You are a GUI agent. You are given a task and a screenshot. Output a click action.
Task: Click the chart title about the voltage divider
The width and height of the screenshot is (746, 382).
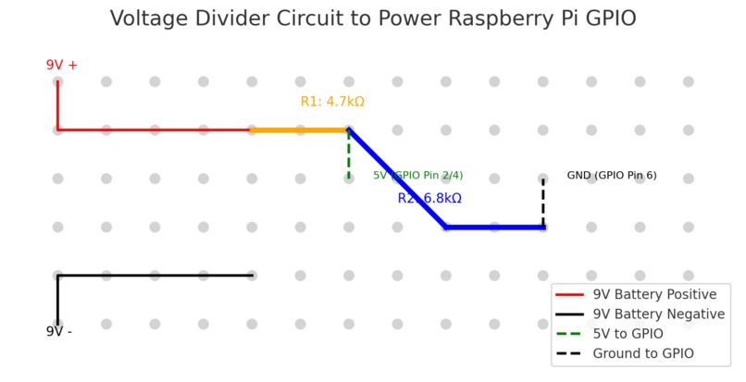pos(373,18)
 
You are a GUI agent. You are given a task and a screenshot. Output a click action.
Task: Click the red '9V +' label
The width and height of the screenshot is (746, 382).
pos(62,65)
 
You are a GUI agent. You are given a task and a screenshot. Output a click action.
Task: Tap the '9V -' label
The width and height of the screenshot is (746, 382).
pos(58,331)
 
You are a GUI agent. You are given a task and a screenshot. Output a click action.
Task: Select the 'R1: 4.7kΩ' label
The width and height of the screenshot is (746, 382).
pos(332,102)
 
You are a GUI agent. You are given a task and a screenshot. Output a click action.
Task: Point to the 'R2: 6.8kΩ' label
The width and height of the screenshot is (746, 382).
pos(429,198)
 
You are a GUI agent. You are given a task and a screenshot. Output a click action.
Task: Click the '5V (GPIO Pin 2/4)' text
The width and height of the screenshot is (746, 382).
pos(417,175)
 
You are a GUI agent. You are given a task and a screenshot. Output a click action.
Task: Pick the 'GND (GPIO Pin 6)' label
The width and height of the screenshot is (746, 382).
pos(611,175)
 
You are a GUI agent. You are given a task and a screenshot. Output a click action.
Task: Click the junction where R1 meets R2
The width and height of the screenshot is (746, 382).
pos(349,130)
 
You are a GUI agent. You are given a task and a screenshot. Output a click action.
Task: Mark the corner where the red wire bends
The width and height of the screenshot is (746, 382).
pos(57,130)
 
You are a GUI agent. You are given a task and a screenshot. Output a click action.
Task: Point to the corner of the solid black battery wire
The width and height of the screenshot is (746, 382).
pos(57,276)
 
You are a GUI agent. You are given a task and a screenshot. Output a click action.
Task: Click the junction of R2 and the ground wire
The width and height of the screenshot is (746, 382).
pos(543,227)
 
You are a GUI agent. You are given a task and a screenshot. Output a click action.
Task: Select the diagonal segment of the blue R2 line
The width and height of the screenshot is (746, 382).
pos(398,179)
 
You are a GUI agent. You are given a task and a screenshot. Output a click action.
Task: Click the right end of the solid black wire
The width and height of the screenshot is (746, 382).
pos(251,276)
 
